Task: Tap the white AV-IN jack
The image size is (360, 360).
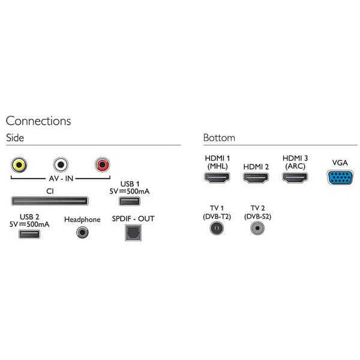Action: click(x=61, y=164)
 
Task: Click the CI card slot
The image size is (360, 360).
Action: click(x=50, y=200)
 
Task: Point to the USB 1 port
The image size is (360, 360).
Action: click(x=130, y=200)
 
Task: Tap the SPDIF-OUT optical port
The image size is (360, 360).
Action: click(x=133, y=233)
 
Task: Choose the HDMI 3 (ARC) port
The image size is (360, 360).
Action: click(x=295, y=178)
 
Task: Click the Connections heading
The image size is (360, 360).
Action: click(x=38, y=121)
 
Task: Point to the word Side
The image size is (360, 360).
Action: click(x=15, y=138)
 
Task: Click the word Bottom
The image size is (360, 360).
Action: click(x=219, y=138)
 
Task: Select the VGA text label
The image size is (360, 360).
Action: click(x=340, y=163)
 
